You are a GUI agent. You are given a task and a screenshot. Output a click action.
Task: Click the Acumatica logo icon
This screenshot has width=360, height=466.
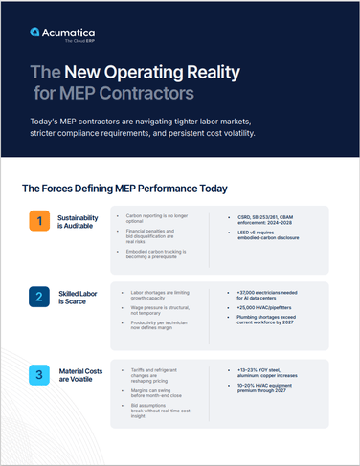pyautogui.click(x=34, y=32)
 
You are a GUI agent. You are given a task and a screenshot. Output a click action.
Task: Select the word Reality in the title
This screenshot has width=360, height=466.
pyautogui.click(x=221, y=72)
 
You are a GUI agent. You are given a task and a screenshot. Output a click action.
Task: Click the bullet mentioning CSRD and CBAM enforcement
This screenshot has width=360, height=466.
pyautogui.click(x=279, y=221)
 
